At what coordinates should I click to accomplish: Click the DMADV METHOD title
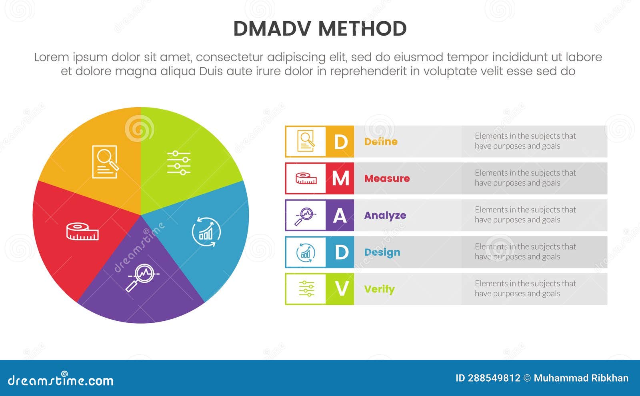[320, 29]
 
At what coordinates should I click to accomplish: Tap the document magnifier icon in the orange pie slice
[105, 162]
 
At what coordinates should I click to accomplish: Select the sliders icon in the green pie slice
[179, 163]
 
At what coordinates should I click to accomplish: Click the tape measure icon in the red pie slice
[82, 232]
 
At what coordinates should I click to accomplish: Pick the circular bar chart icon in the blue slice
[206, 232]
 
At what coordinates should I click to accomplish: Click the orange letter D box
[340, 142]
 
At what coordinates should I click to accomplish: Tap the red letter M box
[340, 178]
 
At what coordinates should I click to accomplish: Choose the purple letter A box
[340, 215]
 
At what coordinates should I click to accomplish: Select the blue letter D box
[340, 252]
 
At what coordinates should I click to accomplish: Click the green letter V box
[340, 289]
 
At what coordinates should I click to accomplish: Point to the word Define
[381, 142]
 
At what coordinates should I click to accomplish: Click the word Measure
[387, 178]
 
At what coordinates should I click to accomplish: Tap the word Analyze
[385, 215]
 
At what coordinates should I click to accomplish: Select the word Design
[382, 252]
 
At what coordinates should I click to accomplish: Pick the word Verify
[379, 289]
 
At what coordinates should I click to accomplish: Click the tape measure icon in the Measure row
[306, 178]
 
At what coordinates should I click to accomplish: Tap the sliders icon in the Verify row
[306, 289]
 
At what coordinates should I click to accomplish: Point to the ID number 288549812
[494, 378]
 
